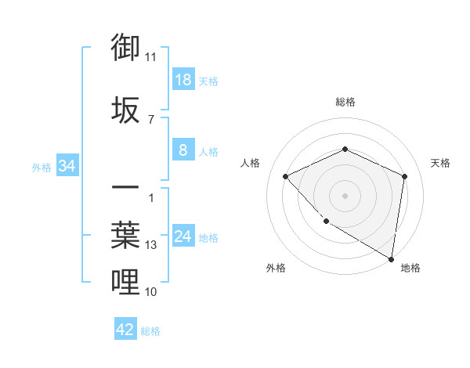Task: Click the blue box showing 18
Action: point(183,80)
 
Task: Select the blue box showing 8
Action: point(183,150)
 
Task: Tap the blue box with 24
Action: point(183,236)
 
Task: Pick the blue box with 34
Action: point(67,166)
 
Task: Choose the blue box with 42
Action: point(125,330)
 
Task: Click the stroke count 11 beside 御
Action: point(151,57)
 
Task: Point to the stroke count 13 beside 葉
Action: point(151,245)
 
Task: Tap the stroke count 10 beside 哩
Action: point(151,292)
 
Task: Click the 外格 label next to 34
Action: point(42,167)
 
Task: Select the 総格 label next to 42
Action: point(150,331)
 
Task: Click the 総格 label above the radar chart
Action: point(345,102)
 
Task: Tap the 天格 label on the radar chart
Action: point(441,163)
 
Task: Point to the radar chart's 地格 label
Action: point(410,268)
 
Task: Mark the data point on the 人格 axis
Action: point(286,176)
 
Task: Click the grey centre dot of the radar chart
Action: point(345,195)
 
